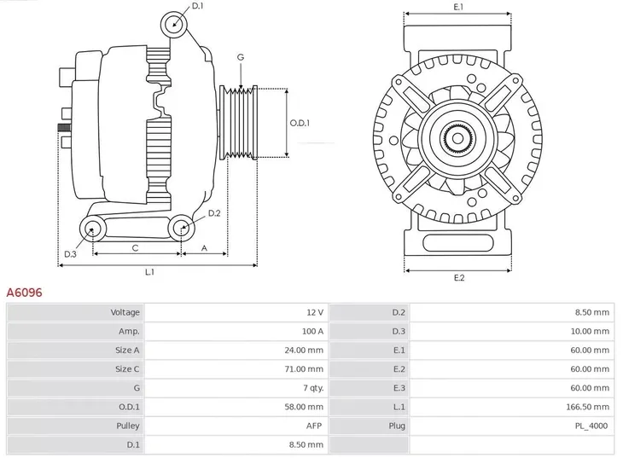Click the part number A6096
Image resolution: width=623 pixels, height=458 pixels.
pos(25,293)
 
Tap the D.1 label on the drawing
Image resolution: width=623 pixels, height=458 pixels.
pos(198,7)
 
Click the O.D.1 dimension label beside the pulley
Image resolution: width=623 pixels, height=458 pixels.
pos(300,123)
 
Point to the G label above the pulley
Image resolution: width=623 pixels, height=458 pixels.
pos(241,57)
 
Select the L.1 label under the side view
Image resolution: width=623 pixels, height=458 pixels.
pos(149,272)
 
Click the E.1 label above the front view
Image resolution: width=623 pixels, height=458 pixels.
pos(457,7)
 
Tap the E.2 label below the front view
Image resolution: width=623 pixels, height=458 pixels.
pos(458,278)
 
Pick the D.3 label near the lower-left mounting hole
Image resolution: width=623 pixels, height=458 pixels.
pos(71,253)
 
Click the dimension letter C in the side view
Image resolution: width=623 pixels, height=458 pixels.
pos(135,247)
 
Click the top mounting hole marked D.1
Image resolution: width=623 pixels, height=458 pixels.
pos(175,22)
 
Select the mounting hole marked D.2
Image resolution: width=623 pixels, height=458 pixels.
pos(180,228)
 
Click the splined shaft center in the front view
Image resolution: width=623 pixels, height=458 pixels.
pos(457,137)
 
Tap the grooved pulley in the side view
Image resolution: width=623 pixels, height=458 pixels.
pos(239,123)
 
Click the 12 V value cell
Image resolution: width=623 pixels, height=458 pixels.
pos(314,312)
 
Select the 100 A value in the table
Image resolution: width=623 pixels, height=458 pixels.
pos(312,331)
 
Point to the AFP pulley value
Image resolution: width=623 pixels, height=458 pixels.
pos(315,425)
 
